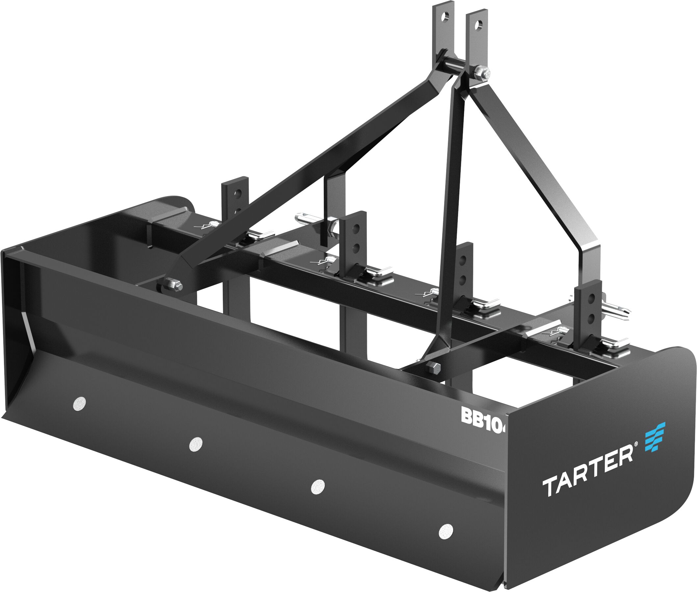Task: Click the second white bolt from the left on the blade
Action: point(196,444)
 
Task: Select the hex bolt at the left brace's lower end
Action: point(175,285)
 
